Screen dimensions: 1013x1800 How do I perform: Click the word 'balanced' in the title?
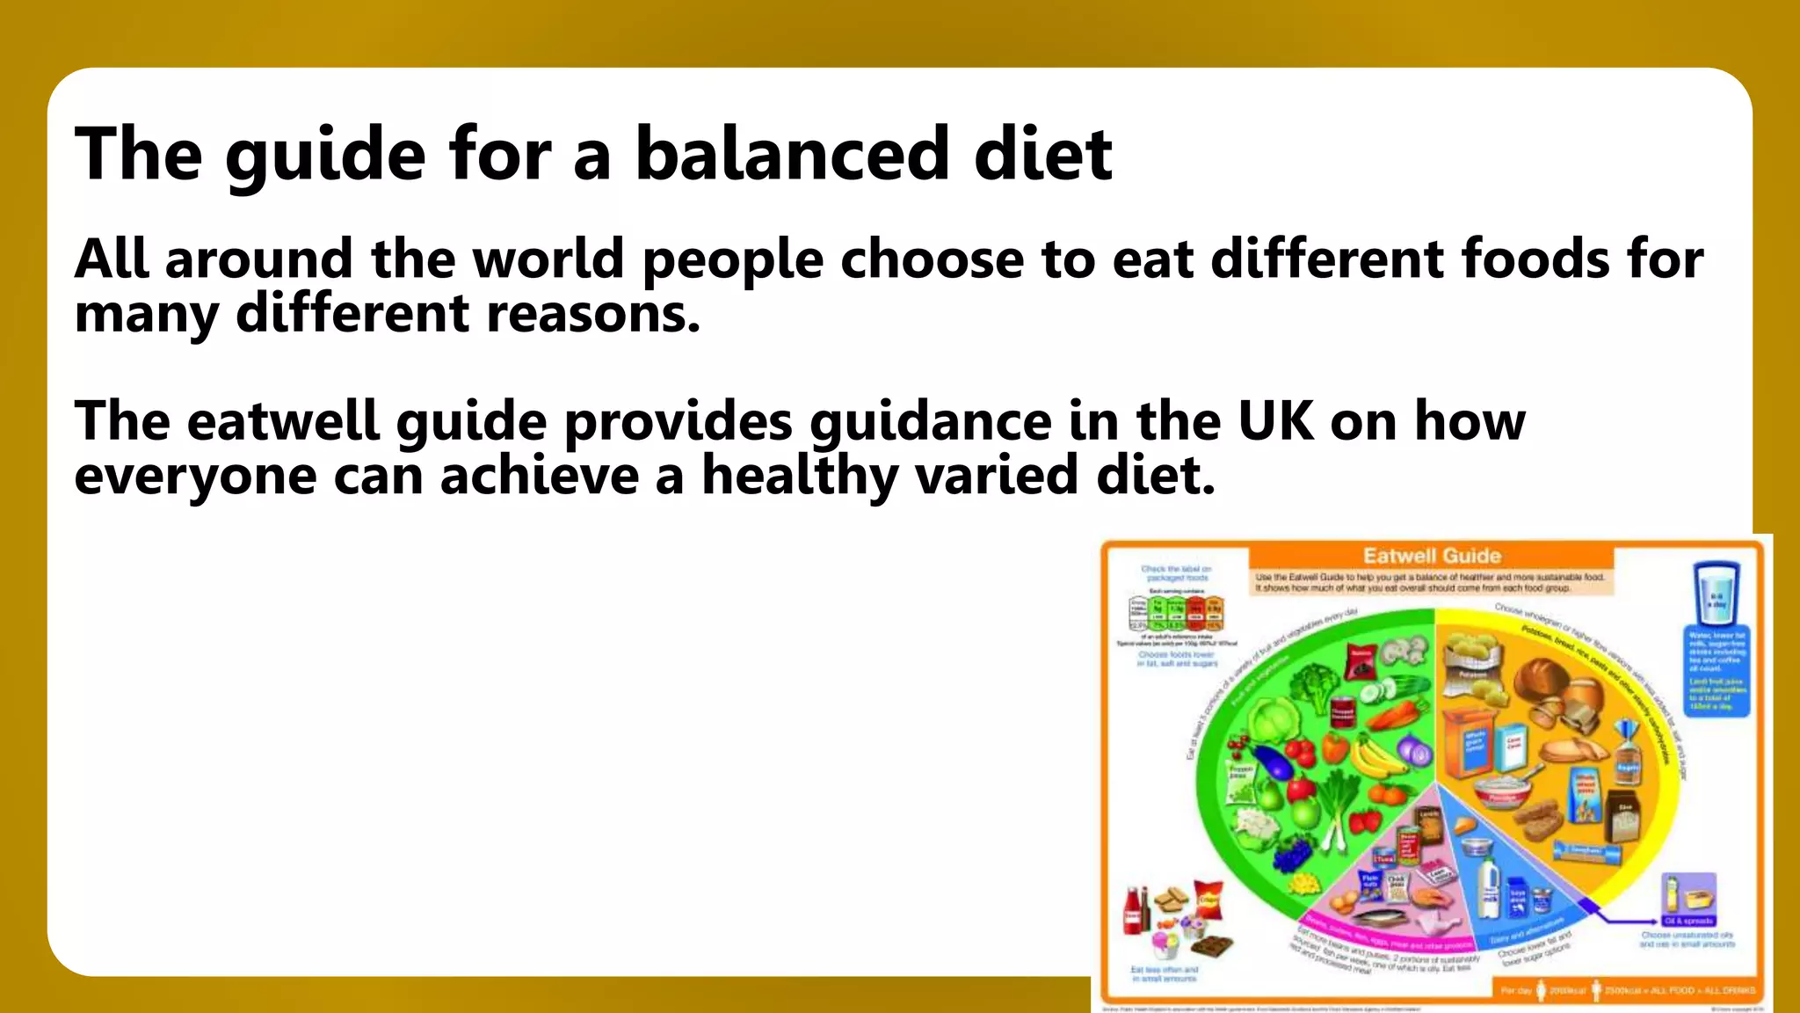(x=791, y=154)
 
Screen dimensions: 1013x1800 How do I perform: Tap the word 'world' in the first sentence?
(x=548, y=259)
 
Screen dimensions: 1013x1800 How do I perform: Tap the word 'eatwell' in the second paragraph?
(x=283, y=421)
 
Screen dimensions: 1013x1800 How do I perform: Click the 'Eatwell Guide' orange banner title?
(x=1432, y=556)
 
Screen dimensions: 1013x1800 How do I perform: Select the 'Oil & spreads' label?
(x=1688, y=921)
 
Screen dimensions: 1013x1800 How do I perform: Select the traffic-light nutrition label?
(x=1175, y=613)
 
